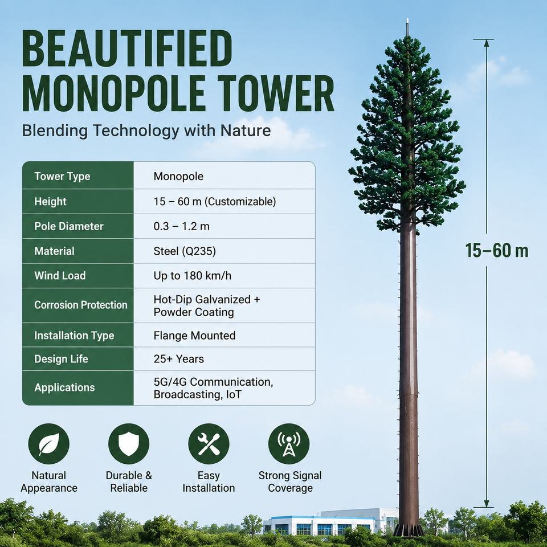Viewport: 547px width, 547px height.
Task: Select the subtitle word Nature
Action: point(246,131)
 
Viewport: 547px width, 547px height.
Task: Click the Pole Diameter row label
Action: point(69,226)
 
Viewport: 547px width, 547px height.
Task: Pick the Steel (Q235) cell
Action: point(185,251)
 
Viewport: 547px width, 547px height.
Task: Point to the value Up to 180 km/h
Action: point(192,276)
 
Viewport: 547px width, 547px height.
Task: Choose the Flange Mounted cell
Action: point(194,336)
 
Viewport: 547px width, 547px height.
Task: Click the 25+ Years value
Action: point(178,359)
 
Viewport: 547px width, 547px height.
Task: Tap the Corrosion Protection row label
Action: point(80,305)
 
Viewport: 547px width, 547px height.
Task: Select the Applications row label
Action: point(64,387)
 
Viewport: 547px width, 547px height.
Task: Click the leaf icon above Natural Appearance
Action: point(49,444)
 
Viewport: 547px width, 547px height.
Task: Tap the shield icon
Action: point(129,444)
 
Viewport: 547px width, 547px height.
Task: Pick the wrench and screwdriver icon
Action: point(209,444)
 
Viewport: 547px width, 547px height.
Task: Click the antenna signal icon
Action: point(289,444)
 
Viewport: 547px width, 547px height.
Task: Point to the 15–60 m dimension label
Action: point(497,251)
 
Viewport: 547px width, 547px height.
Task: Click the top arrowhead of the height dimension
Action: point(486,43)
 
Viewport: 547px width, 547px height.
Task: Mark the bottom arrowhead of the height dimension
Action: point(486,503)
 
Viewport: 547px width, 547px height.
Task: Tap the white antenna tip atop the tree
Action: point(407,27)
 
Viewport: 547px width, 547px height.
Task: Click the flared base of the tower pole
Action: point(409,529)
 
